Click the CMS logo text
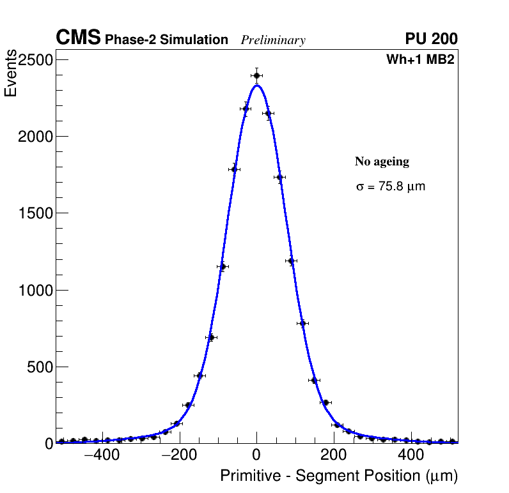pos(78,38)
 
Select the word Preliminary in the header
pos(273,41)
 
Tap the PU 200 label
pos(431,39)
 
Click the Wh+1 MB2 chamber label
pos(420,60)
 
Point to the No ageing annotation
pos(382,162)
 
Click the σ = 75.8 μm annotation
pos(390,187)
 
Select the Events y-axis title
pos(11,73)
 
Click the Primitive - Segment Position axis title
pos(339,476)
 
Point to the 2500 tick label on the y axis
pos(36,60)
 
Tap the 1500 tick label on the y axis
pos(36,213)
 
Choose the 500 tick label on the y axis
pos(40,367)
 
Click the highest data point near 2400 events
pos(256,75)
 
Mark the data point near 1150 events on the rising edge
pos(223,266)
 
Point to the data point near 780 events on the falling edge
pos(302,323)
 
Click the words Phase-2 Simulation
pos(166,40)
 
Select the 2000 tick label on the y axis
pos(36,137)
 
